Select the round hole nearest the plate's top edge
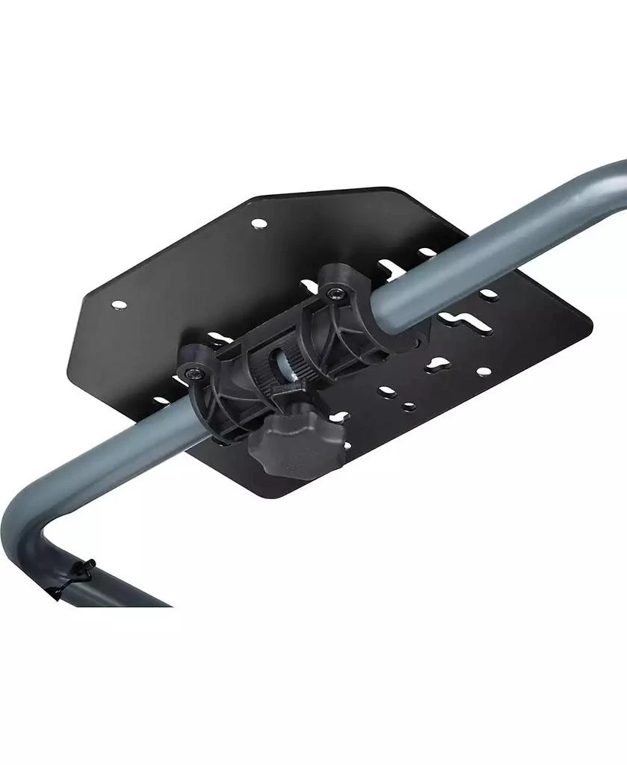click(x=258, y=223)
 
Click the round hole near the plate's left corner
click(x=117, y=305)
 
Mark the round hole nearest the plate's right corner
click(x=484, y=371)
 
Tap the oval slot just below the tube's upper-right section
click(x=489, y=295)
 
